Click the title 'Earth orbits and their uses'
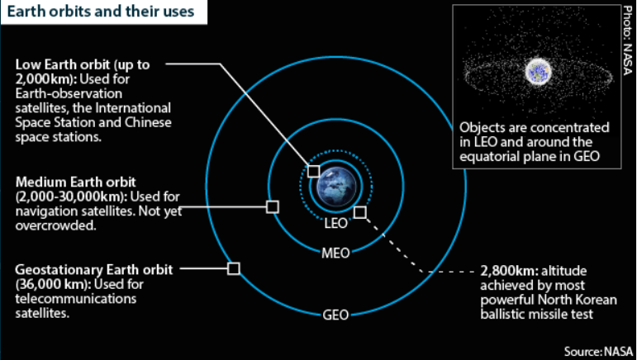(101, 12)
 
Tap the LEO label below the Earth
(336, 223)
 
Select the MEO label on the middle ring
(335, 253)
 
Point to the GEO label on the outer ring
(335, 315)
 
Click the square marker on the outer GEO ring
(234, 268)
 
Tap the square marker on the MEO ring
(273, 207)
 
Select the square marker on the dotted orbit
(360, 212)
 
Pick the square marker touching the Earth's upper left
(313, 171)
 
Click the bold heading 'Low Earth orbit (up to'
(83, 65)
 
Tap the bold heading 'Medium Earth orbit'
(76, 182)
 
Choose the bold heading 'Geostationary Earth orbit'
(94, 270)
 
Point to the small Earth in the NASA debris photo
(539, 71)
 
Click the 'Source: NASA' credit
(598, 351)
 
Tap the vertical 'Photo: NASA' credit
(627, 40)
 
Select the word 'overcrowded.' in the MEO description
(55, 225)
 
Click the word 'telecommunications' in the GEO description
(76, 299)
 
